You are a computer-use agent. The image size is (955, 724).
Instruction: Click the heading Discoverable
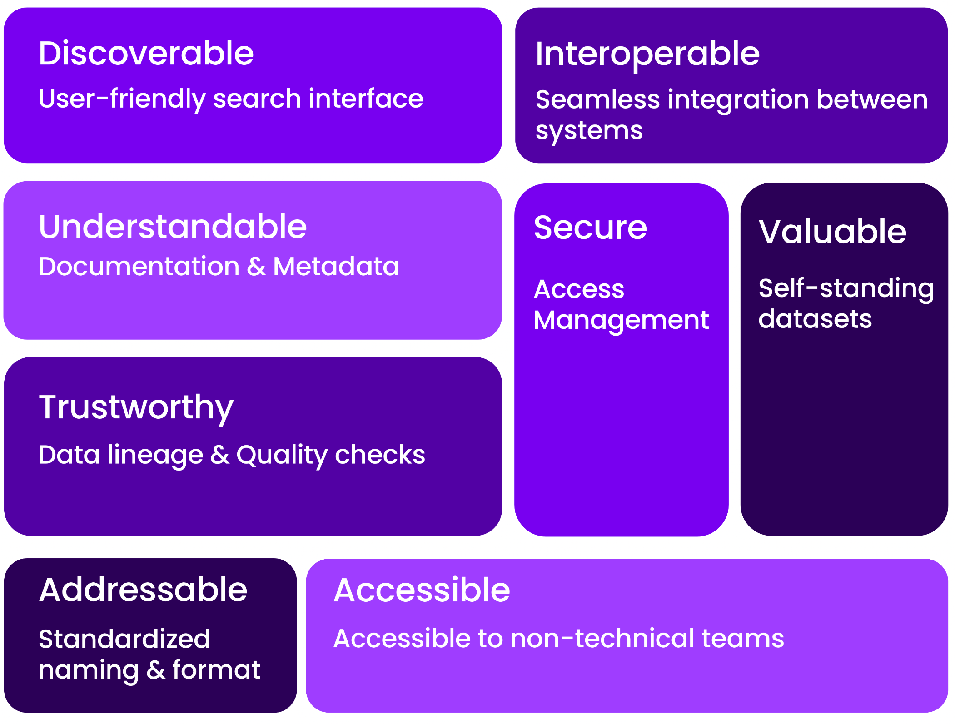(x=146, y=53)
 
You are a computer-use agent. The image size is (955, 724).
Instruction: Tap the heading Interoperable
(x=647, y=54)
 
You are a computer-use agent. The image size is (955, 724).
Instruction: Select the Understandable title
(x=173, y=227)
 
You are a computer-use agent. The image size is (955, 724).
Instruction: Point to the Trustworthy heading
(x=136, y=407)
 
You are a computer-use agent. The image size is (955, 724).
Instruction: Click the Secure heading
(x=590, y=228)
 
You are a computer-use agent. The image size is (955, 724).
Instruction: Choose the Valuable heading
(x=832, y=232)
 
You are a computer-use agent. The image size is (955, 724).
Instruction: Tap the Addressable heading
(x=143, y=590)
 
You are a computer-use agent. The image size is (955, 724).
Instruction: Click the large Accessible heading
(x=422, y=590)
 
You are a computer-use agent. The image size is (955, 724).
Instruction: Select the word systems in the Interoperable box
(x=589, y=131)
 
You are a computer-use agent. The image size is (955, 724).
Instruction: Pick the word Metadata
(x=336, y=266)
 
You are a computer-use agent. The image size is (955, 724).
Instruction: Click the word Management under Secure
(x=621, y=320)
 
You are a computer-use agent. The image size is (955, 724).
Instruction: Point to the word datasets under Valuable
(x=815, y=319)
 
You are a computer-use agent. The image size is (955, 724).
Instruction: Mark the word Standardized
(x=124, y=639)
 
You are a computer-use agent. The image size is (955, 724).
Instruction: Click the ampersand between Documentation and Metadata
(x=256, y=267)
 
